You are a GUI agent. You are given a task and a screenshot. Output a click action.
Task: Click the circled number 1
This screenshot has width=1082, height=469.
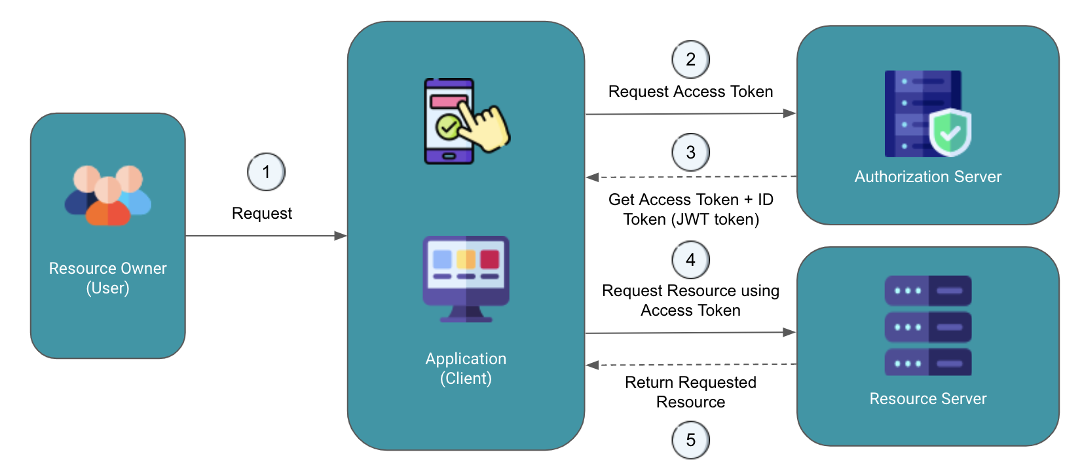click(266, 172)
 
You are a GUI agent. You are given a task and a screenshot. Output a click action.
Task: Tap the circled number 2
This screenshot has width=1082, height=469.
click(690, 60)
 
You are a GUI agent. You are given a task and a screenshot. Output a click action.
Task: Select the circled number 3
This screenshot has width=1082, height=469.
click(690, 153)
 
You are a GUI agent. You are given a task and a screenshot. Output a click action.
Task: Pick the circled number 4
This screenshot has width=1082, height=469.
click(690, 260)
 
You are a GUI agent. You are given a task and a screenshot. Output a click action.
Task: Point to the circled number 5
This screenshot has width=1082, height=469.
click(690, 440)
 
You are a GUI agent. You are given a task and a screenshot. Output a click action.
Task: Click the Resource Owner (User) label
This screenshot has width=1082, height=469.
click(108, 278)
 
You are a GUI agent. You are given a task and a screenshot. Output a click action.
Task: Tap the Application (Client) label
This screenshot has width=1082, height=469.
click(466, 369)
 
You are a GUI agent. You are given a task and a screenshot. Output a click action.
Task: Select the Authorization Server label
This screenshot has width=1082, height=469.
click(927, 177)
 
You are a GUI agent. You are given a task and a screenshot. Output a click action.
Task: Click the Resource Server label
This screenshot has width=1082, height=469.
click(927, 399)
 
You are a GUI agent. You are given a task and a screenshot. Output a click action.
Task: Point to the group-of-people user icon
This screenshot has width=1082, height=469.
click(108, 195)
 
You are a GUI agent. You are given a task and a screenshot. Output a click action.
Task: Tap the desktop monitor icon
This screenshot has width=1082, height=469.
click(466, 278)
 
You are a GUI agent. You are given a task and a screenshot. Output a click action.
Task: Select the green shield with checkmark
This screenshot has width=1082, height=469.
click(950, 133)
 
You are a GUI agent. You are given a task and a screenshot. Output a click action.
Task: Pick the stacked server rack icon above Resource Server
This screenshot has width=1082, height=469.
click(927, 326)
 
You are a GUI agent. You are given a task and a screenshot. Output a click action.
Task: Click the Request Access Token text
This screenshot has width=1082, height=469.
click(690, 92)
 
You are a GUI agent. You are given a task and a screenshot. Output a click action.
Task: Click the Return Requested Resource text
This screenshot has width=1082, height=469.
click(690, 392)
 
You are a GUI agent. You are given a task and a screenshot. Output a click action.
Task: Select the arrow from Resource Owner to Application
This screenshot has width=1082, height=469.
click(266, 236)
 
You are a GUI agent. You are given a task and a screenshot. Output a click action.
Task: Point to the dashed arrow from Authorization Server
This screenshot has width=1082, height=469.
click(690, 177)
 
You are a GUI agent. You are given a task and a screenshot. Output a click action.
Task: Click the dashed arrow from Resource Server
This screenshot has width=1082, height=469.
click(690, 364)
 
